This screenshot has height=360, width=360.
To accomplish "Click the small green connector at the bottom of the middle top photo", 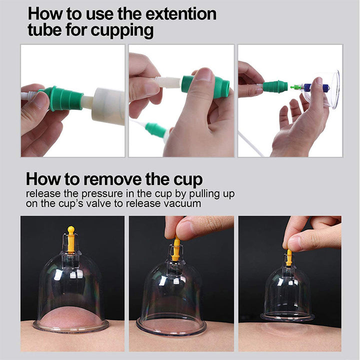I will [x=156, y=130].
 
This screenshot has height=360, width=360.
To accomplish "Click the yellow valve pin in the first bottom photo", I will [x=71, y=239].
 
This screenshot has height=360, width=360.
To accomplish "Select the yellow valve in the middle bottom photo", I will [x=176, y=249].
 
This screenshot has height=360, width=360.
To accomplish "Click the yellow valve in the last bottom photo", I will [x=289, y=257].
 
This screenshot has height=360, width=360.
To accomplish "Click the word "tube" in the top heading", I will [x=45, y=31].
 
